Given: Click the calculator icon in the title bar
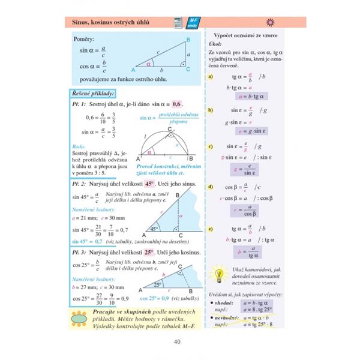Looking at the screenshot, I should [177, 22].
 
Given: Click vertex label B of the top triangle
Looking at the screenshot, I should [188, 40].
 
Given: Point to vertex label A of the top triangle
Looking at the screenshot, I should [133, 70].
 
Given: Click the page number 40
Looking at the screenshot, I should [176, 342].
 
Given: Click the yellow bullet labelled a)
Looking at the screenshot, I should [211, 77].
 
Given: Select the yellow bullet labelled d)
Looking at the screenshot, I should [211, 188].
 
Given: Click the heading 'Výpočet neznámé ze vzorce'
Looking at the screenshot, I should [251, 37].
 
